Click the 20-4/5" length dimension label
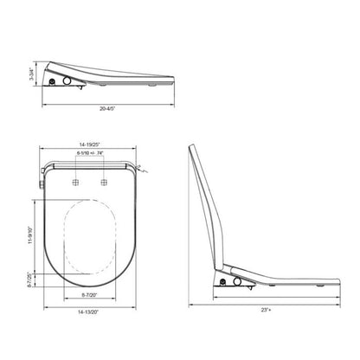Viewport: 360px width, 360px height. point(108,109)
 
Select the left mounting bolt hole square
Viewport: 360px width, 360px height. point(76,183)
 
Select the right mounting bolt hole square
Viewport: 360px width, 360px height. point(106,183)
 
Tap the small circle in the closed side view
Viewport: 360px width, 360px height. point(54,82)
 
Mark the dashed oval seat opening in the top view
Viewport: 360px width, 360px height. point(91,235)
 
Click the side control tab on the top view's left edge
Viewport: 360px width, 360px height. point(42,183)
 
